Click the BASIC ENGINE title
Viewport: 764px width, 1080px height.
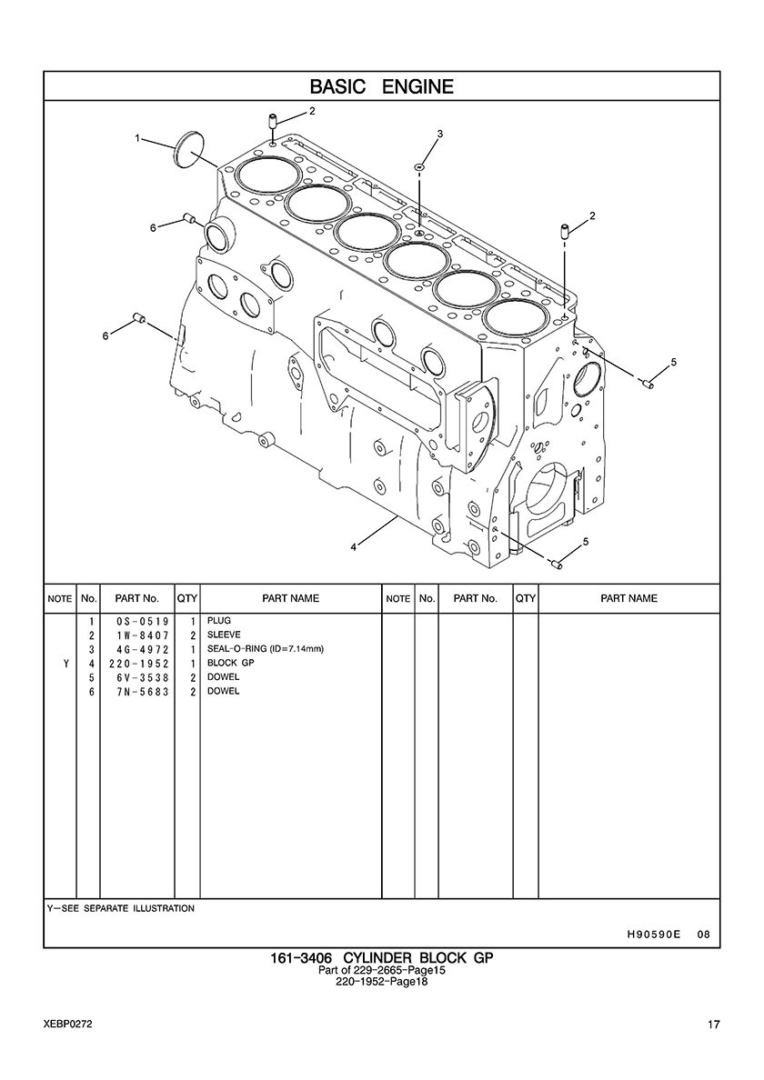tap(382, 86)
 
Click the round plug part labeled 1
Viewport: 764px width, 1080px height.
tap(189, 148)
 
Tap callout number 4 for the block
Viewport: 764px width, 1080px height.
tap(354, 547)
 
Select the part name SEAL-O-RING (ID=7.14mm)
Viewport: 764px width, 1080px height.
tap(266, 649)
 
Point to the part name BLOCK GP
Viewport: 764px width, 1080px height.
tap(231, 664)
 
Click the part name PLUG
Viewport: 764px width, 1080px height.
tap(219, 621)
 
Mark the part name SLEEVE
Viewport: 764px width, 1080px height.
tap(224, 635)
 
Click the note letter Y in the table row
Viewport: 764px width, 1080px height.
tap(66, 664)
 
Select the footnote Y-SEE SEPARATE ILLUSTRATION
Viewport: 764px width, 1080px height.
tap(121, 908)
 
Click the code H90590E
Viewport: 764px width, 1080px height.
tap(653, 934)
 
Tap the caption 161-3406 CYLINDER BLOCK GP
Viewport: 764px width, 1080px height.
tap(382, 958)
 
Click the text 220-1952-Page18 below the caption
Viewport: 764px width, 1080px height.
tap(382, 982)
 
